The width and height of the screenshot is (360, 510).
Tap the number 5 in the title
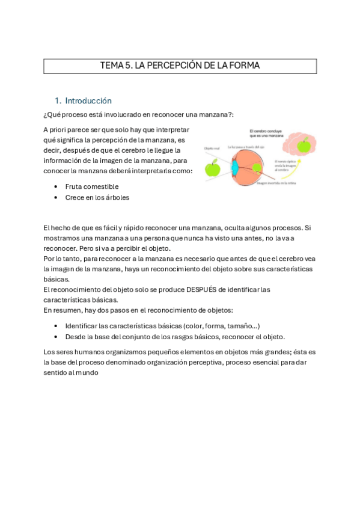point(127,66)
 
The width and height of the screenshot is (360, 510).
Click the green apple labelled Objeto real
point(212,168)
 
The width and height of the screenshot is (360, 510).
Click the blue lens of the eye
point(234,168)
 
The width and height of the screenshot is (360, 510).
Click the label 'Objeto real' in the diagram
point(212,149)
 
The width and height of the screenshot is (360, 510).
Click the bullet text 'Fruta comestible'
point(92,186)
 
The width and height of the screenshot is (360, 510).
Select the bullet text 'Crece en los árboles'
point(97,197)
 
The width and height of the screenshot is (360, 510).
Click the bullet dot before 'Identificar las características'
point(55,325)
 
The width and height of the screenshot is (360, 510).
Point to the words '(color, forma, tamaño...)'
point(224,325)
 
